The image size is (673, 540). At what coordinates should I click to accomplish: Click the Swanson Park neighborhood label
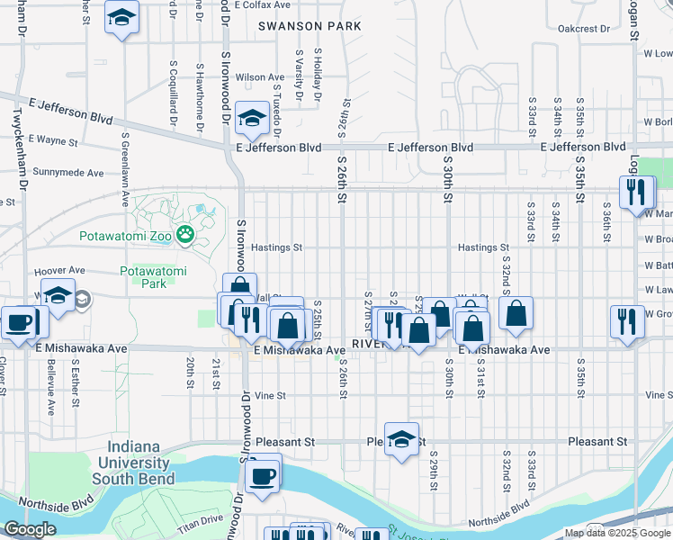coord(310,27)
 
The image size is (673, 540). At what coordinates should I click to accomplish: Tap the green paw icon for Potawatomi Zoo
coord(185,235)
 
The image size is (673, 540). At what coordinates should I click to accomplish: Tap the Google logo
coord(29,529)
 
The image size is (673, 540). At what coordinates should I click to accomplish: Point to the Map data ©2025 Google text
coord(617,533)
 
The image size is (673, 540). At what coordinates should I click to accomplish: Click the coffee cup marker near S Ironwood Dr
coord(263,474)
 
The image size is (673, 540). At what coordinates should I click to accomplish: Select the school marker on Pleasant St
coord(401,439)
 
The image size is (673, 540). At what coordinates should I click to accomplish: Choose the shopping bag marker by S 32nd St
coord(516,314)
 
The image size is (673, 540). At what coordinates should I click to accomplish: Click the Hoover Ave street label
coord(59,270)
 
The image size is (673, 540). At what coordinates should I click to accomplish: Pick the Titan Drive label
coord(200,519)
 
